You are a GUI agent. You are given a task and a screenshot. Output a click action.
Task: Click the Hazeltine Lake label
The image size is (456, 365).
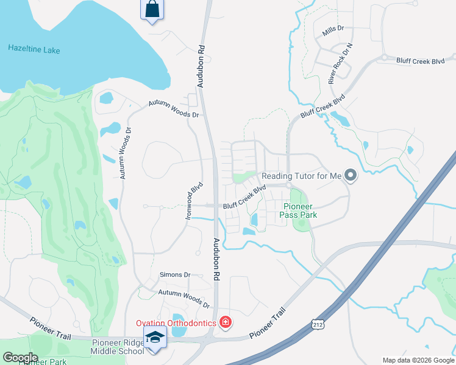point(34,49)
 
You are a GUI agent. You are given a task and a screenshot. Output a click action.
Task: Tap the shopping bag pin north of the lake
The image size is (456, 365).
point(152,10)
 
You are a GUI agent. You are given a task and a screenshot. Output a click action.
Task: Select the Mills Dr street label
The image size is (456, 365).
point(333,29)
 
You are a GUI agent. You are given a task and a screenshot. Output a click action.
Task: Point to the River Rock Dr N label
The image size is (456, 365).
point(340,63)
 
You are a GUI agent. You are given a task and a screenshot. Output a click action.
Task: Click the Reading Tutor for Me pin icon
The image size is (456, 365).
point(351,176)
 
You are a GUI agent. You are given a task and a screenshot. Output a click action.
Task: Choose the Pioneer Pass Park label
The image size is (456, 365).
point(300,210)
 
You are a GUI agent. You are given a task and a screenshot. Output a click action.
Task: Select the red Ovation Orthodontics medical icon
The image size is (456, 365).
point(226,321)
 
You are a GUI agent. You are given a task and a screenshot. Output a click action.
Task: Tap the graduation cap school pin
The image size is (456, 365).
point(155,336)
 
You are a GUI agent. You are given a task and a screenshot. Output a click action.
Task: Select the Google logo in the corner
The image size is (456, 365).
point(20,358)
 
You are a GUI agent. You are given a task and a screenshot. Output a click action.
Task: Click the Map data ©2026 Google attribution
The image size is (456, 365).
point(418,360)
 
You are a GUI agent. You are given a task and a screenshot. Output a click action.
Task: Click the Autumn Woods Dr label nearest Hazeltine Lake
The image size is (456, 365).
point(174,109)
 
